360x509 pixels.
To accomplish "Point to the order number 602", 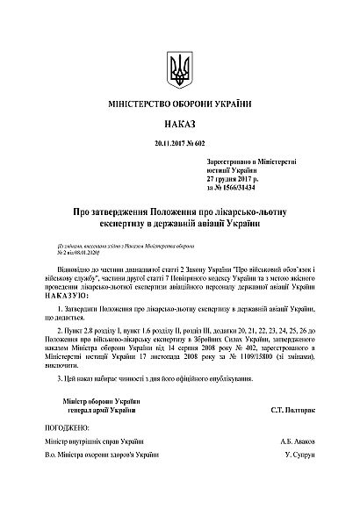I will coord(198,143).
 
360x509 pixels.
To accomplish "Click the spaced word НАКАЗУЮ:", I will coord(74,296).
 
